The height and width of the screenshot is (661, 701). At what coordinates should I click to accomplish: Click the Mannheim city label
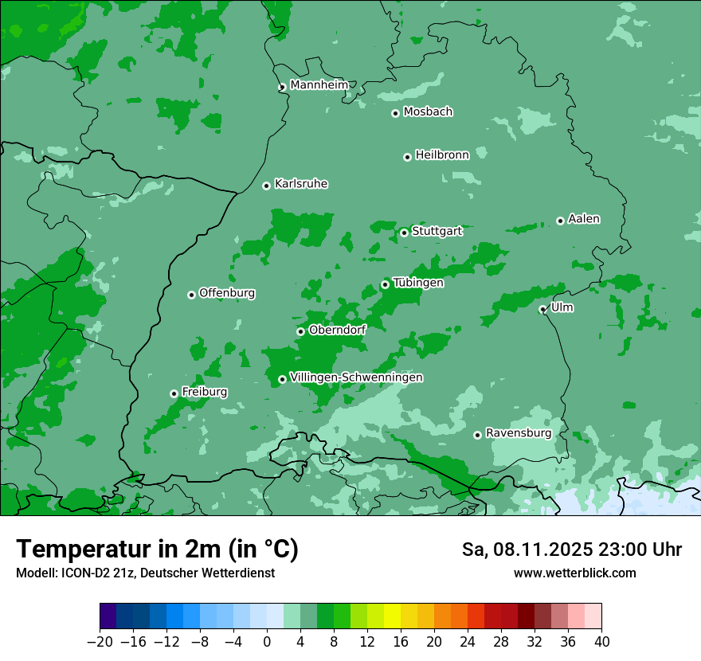click(319, 85)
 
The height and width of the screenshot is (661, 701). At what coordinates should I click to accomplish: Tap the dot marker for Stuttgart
click(404, 233)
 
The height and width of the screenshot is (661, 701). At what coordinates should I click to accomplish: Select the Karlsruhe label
click(301, 184)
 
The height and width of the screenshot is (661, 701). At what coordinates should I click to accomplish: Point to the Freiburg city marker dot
click(174, 393)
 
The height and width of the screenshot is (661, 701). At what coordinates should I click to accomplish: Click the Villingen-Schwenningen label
click(356, 377)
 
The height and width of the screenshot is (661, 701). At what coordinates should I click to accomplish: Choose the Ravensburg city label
click(518, 433)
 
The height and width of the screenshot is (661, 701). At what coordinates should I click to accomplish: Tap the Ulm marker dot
click(542, 309)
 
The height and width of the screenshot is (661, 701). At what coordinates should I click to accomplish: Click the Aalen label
click(584, 219)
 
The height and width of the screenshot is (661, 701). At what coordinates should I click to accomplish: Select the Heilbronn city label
click(442, 155)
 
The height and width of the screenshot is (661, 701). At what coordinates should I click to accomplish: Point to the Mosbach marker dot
click(395, 113)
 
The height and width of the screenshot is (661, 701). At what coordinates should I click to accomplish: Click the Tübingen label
click(418, 283)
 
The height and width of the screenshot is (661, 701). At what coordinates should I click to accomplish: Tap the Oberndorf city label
click(337, 330)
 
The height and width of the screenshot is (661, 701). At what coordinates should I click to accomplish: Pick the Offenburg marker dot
click(191, 295)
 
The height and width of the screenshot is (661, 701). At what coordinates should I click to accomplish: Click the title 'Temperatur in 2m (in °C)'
click(157, 550)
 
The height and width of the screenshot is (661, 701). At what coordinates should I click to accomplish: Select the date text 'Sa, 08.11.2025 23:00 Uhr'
click(571, 550)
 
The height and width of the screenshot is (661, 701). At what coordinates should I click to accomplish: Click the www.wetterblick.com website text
click(574, 573)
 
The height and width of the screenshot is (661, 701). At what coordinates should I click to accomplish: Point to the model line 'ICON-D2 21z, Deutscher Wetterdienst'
click(145, 573)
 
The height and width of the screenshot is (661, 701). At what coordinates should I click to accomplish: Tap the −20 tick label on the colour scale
click(100, 642)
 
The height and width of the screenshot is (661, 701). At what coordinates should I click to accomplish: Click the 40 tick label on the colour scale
click(601, 642)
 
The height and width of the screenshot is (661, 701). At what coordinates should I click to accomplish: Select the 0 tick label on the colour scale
click(267, 642)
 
